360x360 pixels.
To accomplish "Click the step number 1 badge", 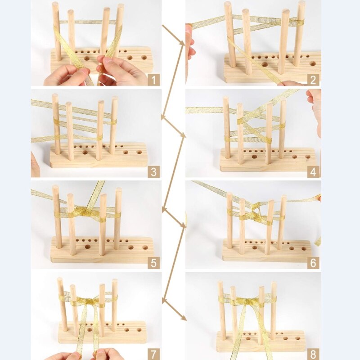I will pos(153,80).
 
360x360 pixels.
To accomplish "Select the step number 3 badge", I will pos(153,171).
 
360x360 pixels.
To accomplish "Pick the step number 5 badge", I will pos(153,263).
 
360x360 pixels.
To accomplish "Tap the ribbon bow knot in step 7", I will pos(88,302).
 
